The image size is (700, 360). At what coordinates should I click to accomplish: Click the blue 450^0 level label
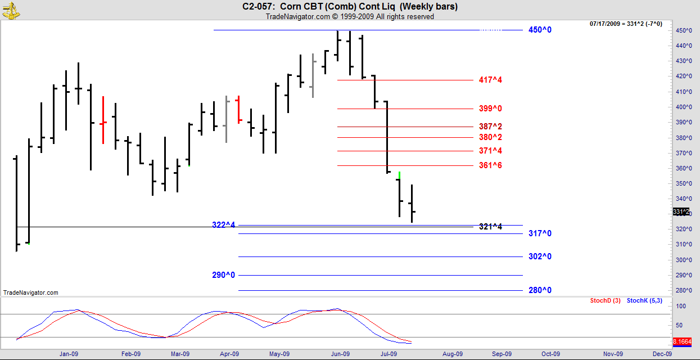point(540,30)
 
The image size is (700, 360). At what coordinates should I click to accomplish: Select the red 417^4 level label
point(490,80)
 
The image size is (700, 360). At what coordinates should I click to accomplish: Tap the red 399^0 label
point(490,109)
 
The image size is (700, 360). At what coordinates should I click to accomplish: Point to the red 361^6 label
point(490,165)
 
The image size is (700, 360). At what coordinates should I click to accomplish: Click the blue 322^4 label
point(223,225)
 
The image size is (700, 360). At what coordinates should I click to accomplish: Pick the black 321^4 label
point(490,227)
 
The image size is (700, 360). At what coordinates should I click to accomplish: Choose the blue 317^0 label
point(540,233)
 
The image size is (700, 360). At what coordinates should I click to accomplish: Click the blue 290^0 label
point(223,275)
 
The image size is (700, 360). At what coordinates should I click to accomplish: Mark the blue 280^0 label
point(540,290)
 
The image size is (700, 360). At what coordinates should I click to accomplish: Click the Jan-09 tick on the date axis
point(69,354)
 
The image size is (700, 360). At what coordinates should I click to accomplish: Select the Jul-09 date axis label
point(389,354)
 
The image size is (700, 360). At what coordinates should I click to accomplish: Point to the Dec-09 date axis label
point(661,354)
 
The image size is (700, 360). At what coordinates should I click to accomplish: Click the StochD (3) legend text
point(605,301)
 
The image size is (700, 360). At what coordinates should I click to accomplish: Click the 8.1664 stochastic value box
point(685,341)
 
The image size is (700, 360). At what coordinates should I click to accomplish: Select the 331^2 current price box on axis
point(680,211)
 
